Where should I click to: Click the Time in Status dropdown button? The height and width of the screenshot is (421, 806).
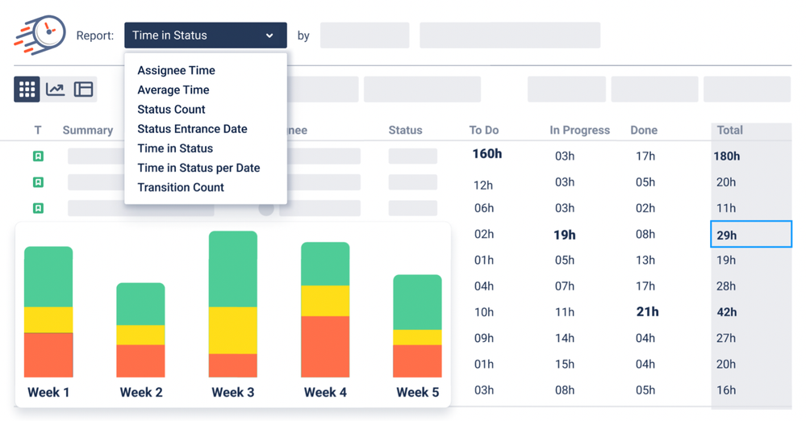click(x=205, y=35)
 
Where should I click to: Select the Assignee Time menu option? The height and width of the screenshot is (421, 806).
click(x=176, y=70)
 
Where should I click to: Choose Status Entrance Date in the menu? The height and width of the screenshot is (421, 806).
click(x=192, y=129)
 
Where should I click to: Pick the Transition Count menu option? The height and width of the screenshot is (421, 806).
click(x=181, y=187)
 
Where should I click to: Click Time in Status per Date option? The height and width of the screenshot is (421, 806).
click(x=198, y=168)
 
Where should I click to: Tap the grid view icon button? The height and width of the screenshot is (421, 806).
click(x=27, y=89)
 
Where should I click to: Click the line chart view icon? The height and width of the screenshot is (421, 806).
click(x=55, y=89)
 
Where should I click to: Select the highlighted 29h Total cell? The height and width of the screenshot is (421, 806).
click(x=750, y=235)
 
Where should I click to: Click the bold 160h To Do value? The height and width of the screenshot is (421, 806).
click(x=487, y=153)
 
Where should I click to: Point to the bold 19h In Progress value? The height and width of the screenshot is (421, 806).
click(x=565, y=235)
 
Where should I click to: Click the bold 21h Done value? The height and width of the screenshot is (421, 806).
click(x=647, y=312)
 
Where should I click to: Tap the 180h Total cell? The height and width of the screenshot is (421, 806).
click(x=727, y=156)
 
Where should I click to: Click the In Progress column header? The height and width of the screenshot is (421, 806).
click(x=579, y=130)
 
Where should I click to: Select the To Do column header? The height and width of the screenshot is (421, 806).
click(x=484, y=130)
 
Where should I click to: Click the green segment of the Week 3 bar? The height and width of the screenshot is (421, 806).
click(x=233, y=269)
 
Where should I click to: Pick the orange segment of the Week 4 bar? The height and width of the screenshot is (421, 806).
click(x=325, y=347)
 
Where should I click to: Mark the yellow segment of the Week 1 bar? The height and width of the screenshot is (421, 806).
click(x=48, y=319)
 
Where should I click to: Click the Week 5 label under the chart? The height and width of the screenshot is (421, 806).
click(x=417, y=393)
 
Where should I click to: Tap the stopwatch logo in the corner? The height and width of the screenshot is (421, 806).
click(x=40, y=35)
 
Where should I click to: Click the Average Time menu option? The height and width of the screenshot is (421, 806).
click(x=173, y=90)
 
